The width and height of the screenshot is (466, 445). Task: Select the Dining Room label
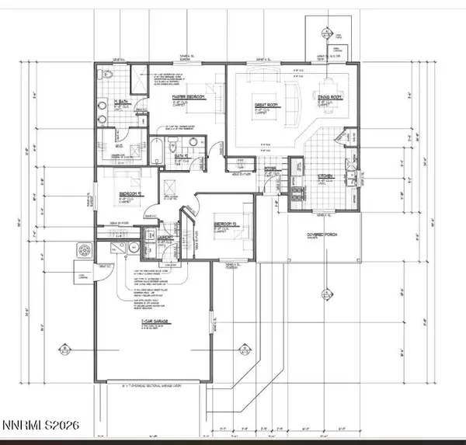[x=330, y=97]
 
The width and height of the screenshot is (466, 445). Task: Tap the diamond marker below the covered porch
[x=322, y=293]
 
